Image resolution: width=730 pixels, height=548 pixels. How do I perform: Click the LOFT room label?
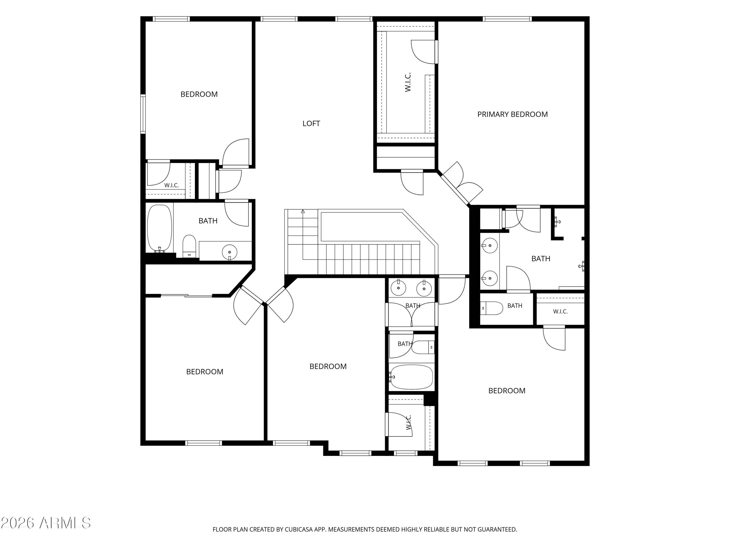[x=311, y=123]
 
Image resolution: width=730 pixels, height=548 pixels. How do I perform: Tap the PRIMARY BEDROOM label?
[x=512, y=114]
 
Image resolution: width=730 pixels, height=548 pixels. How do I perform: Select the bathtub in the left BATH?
[x=160, y=229]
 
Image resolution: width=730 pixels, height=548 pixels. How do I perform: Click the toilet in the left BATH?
[x=189, y=246]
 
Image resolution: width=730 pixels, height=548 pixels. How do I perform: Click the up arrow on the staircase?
[x=303, y=211]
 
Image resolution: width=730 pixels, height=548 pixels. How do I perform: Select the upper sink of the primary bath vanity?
[x=490, y=246]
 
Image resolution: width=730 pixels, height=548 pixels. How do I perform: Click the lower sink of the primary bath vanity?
[x=490, y=278]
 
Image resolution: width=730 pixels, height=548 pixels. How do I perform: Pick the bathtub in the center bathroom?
[x=411, y=377]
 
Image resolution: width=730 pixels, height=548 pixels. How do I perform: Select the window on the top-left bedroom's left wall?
[x=143, y=114]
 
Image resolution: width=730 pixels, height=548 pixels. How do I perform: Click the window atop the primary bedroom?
[x=507, y=19]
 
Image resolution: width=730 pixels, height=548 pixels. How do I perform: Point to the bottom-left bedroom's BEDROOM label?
[x=205, y=372]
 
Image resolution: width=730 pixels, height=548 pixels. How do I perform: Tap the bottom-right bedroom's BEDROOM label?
[x=507, y=390]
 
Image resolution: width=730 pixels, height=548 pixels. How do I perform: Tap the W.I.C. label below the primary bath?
[x=560, y=312]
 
